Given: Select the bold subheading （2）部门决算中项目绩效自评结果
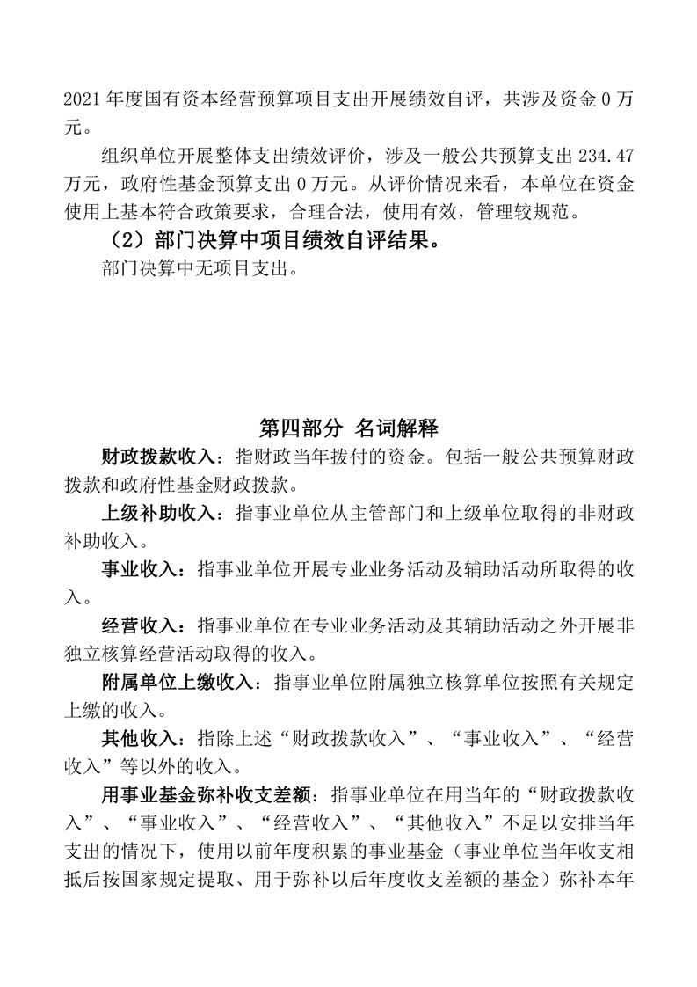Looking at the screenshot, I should point(272,241).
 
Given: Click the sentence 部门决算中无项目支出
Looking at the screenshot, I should point(195,269).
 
